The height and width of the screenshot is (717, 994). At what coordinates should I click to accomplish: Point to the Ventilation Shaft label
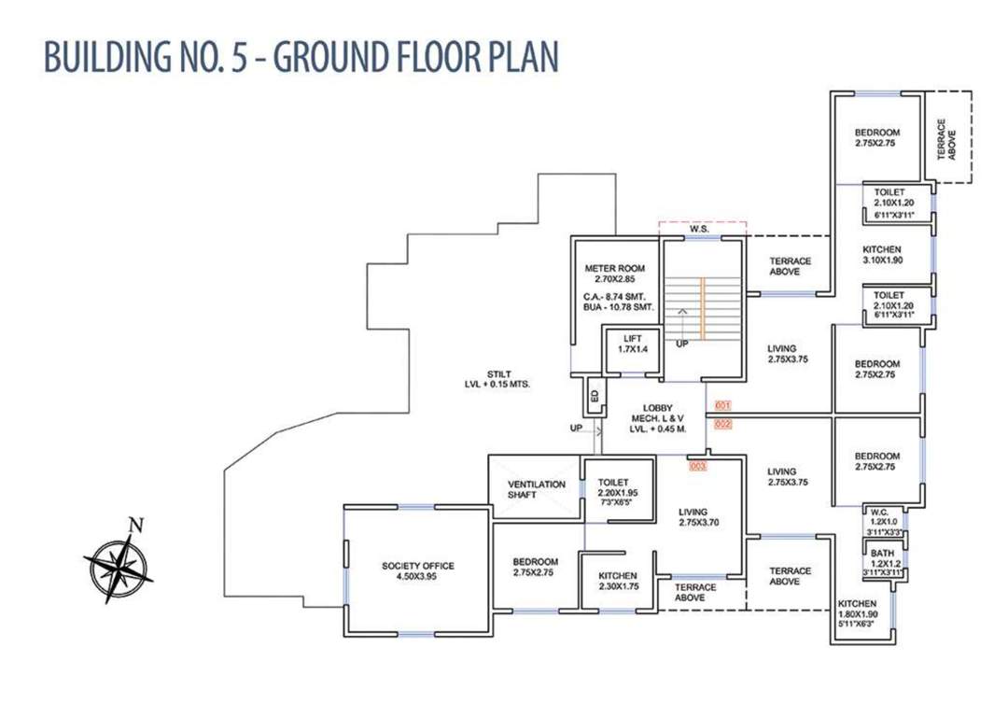point(537,489)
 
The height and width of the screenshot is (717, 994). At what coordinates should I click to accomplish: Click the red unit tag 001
point(722,406)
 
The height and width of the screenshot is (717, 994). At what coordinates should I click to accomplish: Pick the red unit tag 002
point(722,424)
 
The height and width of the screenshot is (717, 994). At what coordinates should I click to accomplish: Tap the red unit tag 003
point(697,465)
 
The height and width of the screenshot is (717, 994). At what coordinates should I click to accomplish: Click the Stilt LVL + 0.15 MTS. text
point(497,378)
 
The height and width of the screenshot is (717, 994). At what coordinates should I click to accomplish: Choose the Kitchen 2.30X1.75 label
point(617,581)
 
